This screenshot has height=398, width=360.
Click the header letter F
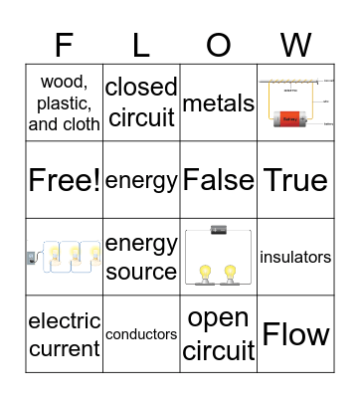(x=64, y=45)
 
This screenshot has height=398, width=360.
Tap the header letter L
(x=140, y=45)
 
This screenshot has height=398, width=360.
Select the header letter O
(x=218, y=45)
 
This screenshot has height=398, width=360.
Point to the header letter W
(x=295, y=45)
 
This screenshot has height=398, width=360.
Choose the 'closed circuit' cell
(x=141, y=102)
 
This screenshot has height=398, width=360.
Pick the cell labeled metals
(x=219, y=103)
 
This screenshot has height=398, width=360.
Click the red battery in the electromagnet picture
(x=290, y=117)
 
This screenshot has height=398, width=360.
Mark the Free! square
(x=65, y=180)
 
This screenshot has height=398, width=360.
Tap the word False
(x=219, y=180)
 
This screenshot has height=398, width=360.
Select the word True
(x=295, y=180)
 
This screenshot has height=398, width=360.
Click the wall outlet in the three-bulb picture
(x=31, y=258)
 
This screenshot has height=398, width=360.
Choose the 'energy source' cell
(x=141, y=257)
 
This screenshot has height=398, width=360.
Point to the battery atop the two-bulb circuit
(x=219, y=231)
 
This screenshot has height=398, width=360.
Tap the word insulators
(x=295, y=257)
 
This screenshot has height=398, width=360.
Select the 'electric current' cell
(x=65, y=334)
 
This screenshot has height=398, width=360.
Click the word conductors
(x=141, y=334)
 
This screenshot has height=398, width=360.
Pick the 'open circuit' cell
(x=219, y=334)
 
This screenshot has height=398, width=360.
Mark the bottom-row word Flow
(x=295, y=334)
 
